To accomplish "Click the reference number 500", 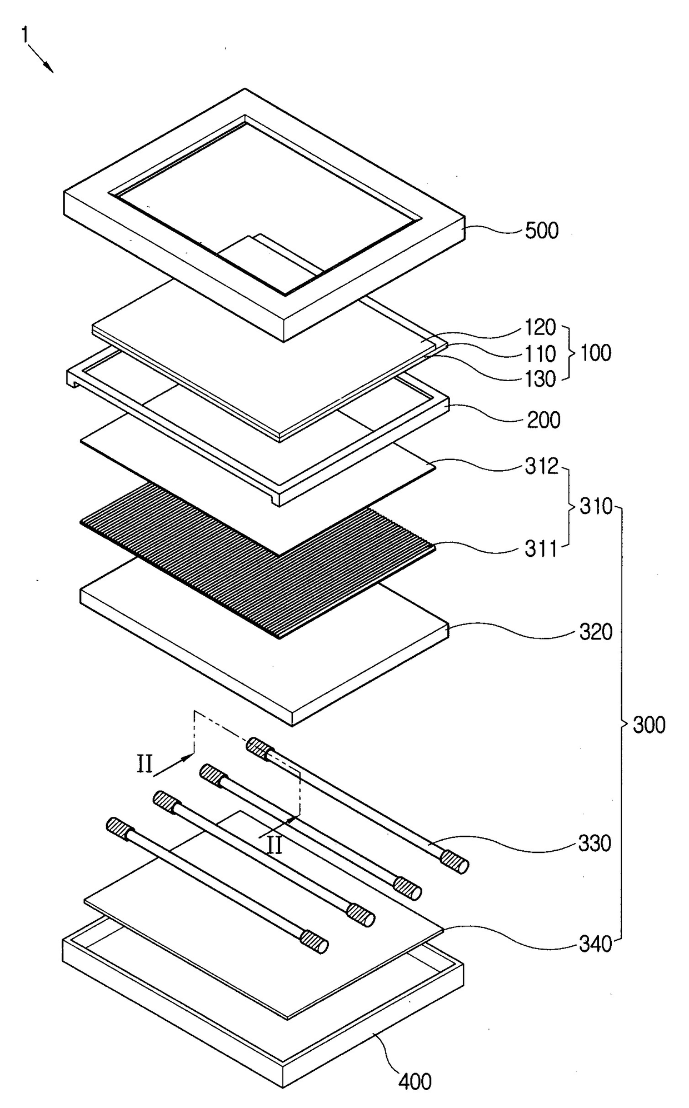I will coord(541,231).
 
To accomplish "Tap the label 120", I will coord(540,328).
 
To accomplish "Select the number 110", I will coord(540,353).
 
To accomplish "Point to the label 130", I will coord(540,379).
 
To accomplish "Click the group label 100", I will coord(596,353).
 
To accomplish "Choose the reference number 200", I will coord(543,420).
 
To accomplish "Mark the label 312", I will coord(541,467).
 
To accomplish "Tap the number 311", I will coord(541,549).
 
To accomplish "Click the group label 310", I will coord(596,506).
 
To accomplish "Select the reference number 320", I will coord(596,632).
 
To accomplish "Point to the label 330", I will coord(595,844).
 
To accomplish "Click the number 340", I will coord(595,944).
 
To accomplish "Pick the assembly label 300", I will coord(649,725).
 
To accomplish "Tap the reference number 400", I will coord(415,1081).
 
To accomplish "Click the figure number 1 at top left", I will coord(24,34).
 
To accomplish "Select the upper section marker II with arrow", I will coord(146,765).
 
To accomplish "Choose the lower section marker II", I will coord(274,845).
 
